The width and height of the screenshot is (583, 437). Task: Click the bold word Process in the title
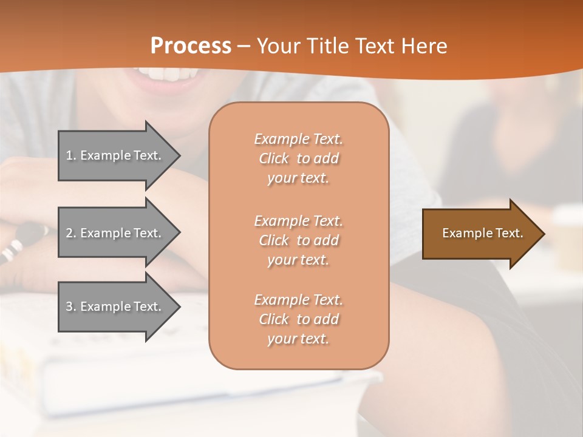click(x=191, y=46)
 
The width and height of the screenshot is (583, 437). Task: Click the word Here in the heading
click(x=424, y=46)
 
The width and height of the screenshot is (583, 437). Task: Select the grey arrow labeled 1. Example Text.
click(x=115, y=155)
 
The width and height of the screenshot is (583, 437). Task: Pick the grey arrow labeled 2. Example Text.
click(x=115, y=233)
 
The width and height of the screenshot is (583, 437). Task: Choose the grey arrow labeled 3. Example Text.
click(x=115, y=307)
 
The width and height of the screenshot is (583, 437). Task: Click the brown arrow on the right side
click(x=480, y=234)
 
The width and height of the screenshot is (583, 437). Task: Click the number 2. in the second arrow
click(x=71, y=233)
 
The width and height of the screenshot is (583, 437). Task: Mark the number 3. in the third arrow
click(x=71, y=307)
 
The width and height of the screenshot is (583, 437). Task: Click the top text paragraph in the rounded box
click(x=298, y=158)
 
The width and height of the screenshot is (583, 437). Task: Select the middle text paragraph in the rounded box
click(x=298, y=240)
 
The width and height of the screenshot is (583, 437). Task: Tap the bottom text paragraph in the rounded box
click(x=298, y=319)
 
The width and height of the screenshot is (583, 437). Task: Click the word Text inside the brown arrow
click(x=510, y=233)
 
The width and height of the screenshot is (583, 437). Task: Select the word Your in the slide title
click(x=278, y=46)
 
